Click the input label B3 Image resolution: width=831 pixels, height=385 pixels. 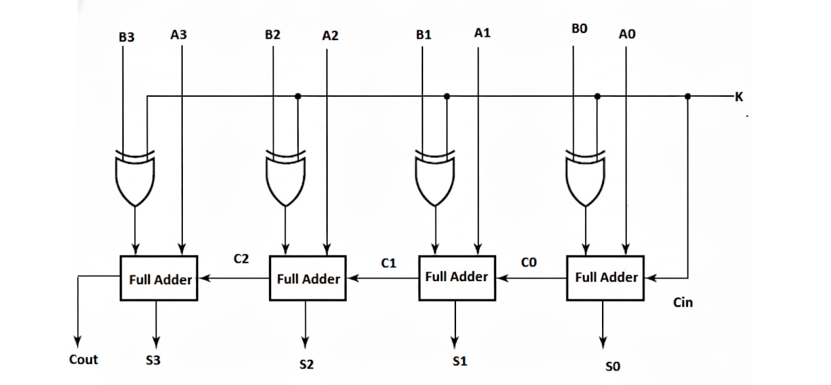pos(126,38)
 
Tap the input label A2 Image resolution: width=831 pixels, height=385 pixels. pos(330,36)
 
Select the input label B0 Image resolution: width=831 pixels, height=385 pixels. pos(580,30)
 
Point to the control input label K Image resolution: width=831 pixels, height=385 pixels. pos(739,97)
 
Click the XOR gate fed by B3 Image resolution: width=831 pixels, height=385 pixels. pos(136,178)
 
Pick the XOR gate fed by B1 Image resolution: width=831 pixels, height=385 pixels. pos(435,178)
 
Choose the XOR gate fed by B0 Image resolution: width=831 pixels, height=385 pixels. pos(585,178)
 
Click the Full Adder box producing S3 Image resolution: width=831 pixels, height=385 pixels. pos(159,279)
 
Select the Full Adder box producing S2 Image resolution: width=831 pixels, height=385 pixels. pos(308,279)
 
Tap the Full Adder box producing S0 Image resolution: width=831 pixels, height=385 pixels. pos(606,278)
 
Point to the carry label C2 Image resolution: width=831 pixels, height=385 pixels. pos(241,259)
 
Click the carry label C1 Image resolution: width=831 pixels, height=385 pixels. pos(389,263)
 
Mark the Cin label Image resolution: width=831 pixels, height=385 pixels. pos(683,303)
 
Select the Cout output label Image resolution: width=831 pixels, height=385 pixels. pos(84,359)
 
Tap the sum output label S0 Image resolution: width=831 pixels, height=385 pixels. pos(613,367)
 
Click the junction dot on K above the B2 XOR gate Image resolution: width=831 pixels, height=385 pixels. pos(298,96)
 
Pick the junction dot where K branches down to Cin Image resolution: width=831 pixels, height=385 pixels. pos(688,96)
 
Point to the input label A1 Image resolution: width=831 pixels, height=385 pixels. pos(482,32)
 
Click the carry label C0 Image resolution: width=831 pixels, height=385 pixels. pos(529,263)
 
